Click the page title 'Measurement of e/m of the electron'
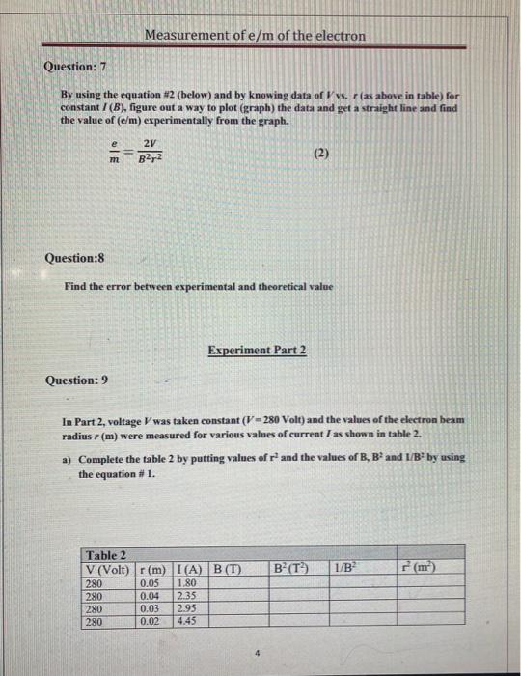coord(255,36)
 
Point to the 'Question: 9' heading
coord(77,380)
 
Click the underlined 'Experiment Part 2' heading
coord(257,349)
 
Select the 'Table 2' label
coord(106,555)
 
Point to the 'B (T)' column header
coord(229,570)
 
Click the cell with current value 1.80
coord(189,583)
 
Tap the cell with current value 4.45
coord(189,622)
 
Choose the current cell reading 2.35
coord(189,597)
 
